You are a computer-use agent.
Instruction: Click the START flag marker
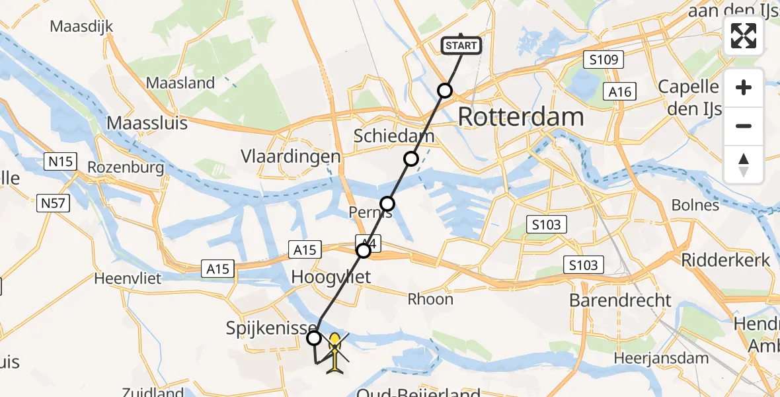tap(461, 45)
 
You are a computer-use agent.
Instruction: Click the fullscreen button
tap(744, 35)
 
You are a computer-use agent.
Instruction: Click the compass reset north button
tap(744, 165)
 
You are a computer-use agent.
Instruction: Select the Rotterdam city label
tap(520, 117)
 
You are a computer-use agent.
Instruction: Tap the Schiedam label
tap(394, 136)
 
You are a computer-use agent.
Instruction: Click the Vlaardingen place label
tap(291, 157)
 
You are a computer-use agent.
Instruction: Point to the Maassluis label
tap(147, 123)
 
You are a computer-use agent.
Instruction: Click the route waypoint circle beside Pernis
tap(387, 203)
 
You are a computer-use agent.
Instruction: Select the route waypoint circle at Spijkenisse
tap(315, 338)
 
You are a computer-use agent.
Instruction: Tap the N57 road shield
tap(53, 202)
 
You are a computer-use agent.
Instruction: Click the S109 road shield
tap(604, 61)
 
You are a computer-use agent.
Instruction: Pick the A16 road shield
tap(619, 92)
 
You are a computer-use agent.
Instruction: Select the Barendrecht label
tap(620, 300)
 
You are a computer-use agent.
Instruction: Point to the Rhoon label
tap(430, 299)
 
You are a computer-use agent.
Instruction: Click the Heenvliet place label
tap(128, 278)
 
